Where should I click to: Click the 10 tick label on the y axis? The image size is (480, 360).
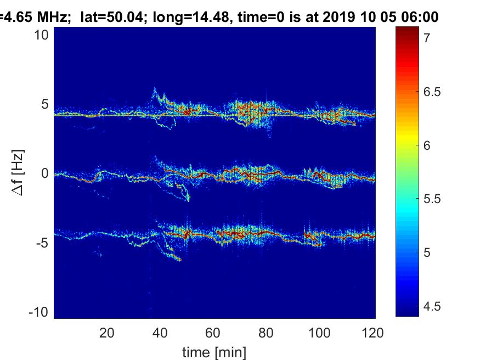pyautogui.click(x=41, y=35)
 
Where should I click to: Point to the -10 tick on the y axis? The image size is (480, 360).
pyautogui.click(x=38, y=312)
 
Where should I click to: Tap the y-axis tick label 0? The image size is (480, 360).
pyautogui.click(x=45, y=173)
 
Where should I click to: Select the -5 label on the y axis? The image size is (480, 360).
pyautogui.click(x=42, y=243)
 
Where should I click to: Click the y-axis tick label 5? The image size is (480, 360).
pyautogui.click(x=45, y=104)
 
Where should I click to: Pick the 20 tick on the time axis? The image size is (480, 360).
pyautogui.click(x=107, y=333)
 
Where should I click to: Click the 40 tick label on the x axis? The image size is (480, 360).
pyautogui.click(x=160, y=333)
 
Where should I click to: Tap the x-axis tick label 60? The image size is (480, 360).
pyautogui.click(x=213, y=333)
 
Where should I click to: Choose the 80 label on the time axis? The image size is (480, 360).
pyautogui.click(x=266, y=333)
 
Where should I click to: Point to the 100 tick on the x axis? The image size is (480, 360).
pyautogui.click(x=319, y=333)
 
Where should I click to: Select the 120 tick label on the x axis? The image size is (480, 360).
pyautogui.click(x=372, y=333)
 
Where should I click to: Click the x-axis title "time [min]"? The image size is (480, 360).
pyautogui.click(x=214, y=352)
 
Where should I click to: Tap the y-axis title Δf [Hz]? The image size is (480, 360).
pyautogui.click(x=18, y=173)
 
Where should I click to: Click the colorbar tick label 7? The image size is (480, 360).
pyautogui.click(x=427, y=38)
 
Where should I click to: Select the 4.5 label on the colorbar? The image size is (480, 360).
pyautogui.click(x=432, y=306)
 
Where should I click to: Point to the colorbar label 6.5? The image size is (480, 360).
pyautogui.click(x=432, y=92)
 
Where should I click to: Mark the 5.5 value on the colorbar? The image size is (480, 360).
pyautogui.click(x=432, y=199)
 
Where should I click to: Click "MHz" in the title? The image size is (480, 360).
pyautogui.click(x=52, y=17)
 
